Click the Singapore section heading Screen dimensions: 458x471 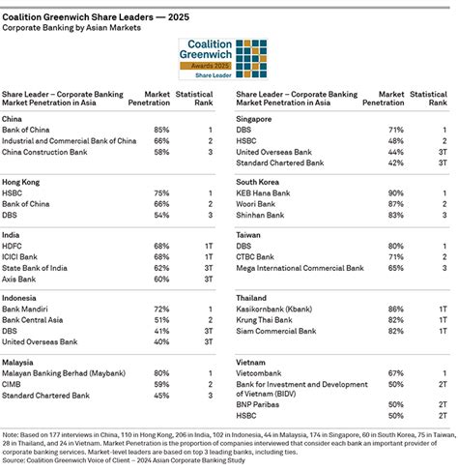(258, 118)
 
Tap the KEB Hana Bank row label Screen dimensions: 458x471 (269, 191)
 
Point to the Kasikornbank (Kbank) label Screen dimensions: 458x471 (279, 308)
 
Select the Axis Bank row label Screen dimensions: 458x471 (22, 280)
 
